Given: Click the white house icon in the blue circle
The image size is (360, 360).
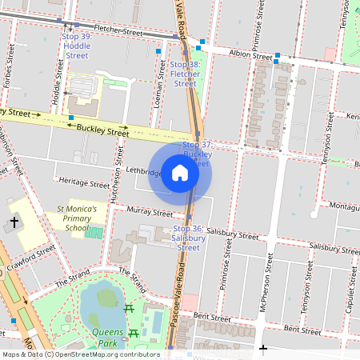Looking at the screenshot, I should tap(180, 173).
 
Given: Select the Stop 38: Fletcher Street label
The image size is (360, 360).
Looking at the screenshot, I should tap(185, 74).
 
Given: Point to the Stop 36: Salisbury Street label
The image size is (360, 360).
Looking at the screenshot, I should tap(187, 238).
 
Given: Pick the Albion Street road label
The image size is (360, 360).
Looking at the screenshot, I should tap(250, 54).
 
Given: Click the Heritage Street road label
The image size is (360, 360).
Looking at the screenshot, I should tap(84, 183).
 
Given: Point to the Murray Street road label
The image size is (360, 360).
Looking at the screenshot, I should tap(150, 214).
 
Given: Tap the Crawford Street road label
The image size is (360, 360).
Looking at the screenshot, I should tap(31, 257).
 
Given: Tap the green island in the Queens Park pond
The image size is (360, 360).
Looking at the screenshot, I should tap(106, 298).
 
